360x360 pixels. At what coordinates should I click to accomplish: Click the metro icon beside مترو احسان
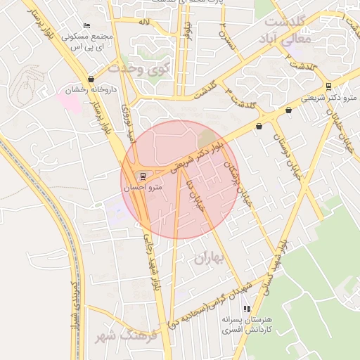[143, 175]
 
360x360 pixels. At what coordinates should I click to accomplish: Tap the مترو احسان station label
[143, 188]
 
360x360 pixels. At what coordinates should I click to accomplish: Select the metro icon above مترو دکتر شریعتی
[328, 86]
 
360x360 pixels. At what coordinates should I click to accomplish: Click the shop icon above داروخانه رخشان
[91, 79]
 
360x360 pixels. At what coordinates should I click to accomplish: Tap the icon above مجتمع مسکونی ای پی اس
[86, 27]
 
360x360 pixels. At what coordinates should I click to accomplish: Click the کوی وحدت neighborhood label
[140, 69]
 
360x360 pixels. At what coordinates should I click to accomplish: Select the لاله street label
[145, 23]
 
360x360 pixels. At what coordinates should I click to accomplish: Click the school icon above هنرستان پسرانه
[246, 309]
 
